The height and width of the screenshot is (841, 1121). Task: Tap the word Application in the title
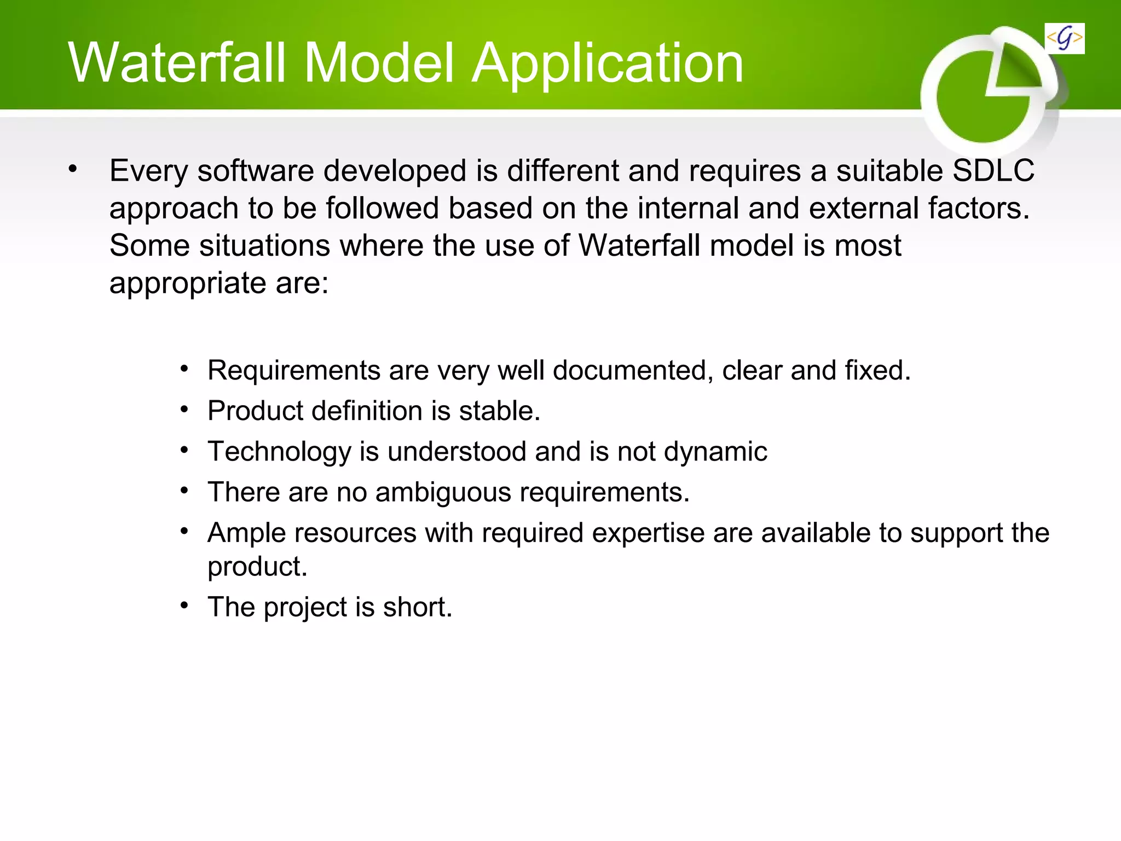click(x=608, y=65)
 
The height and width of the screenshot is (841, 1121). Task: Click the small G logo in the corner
click(x=1064, y=38)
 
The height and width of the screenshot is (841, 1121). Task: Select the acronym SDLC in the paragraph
click(x=993, y=170)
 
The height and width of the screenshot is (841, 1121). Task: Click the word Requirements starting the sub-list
click(x=294, y=371)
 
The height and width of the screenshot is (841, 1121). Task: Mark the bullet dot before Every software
click(x=73, y=169)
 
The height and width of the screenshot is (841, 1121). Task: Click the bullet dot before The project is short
click(x=185, y=606)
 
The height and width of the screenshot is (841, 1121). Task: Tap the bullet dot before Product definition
click(x=185, y=410)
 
